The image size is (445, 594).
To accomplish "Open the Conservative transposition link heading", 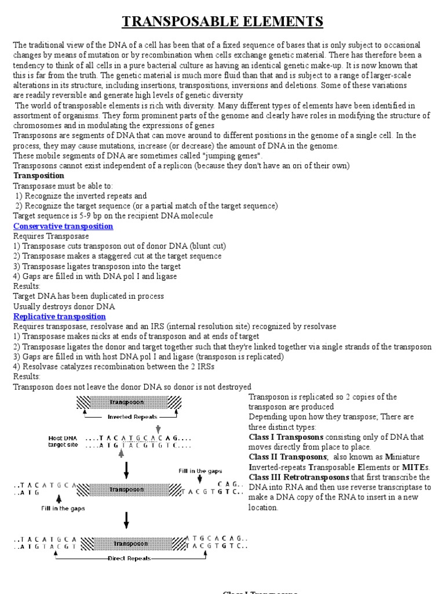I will click(63, 226).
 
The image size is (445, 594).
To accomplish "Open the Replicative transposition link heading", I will click(60, 316).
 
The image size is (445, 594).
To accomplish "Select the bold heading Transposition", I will click(39, 175).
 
